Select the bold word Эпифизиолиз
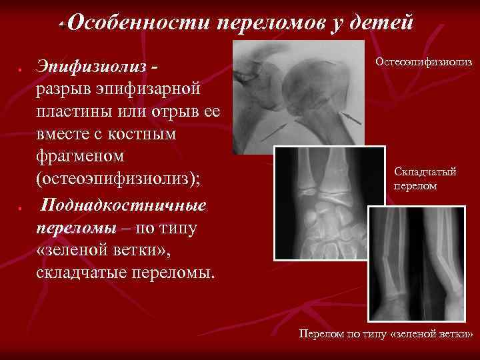(93, 68)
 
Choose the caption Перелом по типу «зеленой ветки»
(385, 333)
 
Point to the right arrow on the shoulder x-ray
(351, 118)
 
